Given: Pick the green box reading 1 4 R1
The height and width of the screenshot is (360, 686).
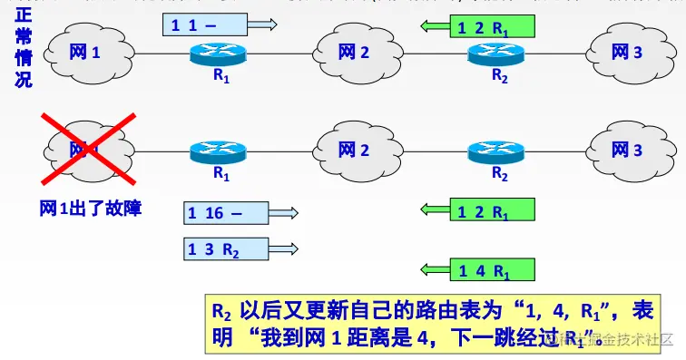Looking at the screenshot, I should pyautogui.click(x=493, y=269).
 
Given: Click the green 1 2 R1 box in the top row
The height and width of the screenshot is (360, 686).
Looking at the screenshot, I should pyautogui.click(x=493, y=28).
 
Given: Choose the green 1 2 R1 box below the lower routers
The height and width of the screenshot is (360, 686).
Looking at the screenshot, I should pyautogui.click(x=493, y=211).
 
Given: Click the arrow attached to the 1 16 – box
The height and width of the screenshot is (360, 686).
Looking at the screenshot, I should pyautogui.click(x=285, y=213).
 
